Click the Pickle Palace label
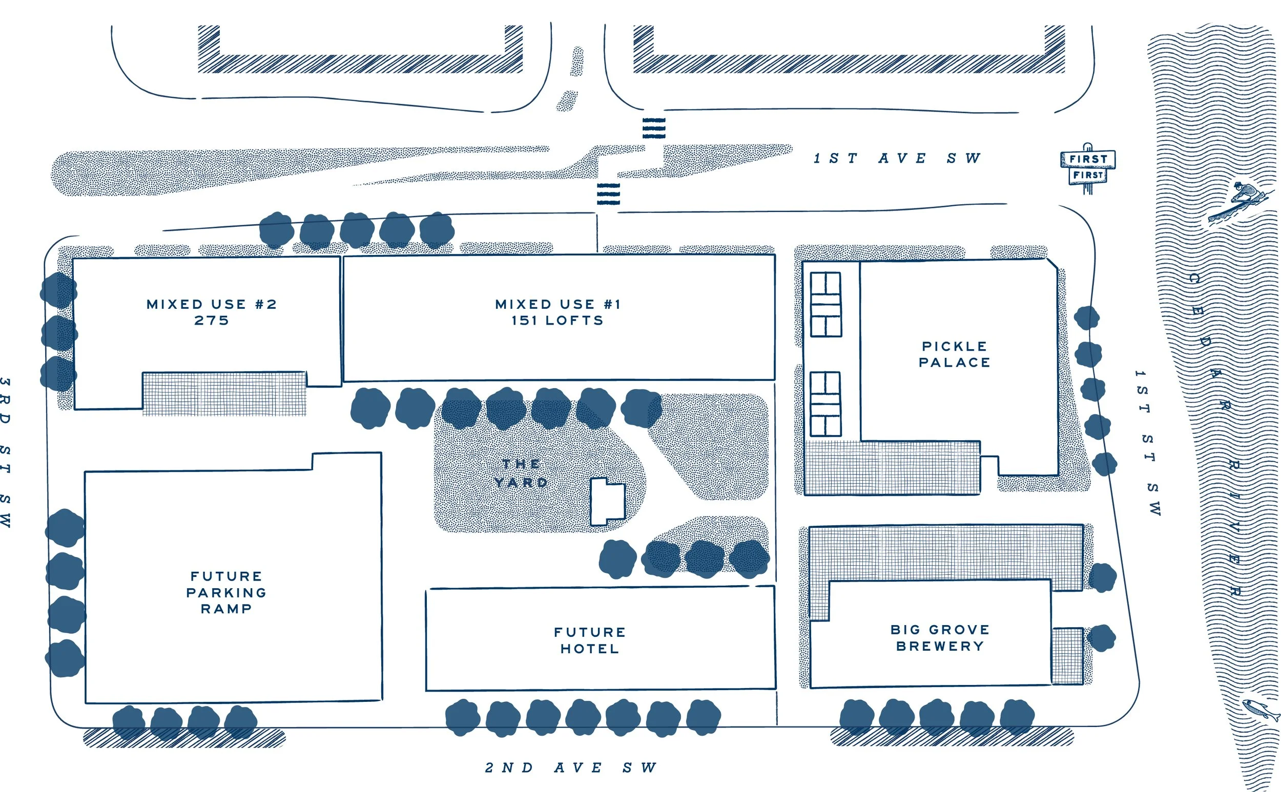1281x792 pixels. click(x=954, y=355)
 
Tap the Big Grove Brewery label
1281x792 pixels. click(x=940, y=637)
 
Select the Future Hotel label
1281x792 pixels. click(x=590, y=640)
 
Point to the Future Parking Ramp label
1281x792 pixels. click(x=226, y=592)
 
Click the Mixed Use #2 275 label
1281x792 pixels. click(x=211, y=312)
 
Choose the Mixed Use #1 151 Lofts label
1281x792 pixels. click(x=557, y=312)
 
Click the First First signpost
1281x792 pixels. click(x=1088, y=167)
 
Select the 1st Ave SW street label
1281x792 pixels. click(x=897, y=158)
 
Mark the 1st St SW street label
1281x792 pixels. click(x=1148, y=443)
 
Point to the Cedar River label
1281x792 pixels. click(x=1216, y=435)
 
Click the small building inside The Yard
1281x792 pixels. click(x=608, y=501)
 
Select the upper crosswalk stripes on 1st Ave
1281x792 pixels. click(x=654, y=128)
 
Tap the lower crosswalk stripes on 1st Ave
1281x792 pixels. click(x=608, y=194)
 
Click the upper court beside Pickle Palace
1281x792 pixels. click(x=825, y=304)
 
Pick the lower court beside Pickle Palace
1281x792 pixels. click(x=825, y=404)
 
